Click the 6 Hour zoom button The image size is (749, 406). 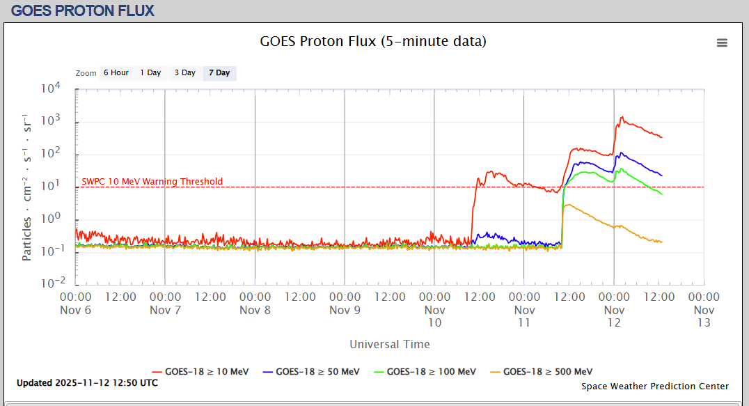click(x=116, y=73)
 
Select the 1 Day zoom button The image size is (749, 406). click(x=150, y=73)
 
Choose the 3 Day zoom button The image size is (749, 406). click(x=185, y=73)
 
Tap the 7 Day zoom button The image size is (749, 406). click(x=219, y=73)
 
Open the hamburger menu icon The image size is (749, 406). click(x=722, y=42)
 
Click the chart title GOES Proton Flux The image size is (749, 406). click(x=373, y=41)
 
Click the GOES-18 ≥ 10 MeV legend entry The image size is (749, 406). click(x=205, y=372)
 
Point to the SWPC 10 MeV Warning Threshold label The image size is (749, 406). click(x=152, y=182)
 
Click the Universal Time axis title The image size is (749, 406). click(x=390, y=344)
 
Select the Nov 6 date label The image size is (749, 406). click(x=75, y=310)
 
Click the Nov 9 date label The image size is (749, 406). click(x=345, y=310)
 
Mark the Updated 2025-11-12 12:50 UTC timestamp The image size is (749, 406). click(x=87, y=383)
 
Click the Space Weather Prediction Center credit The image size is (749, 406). click(x=655, y=386)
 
